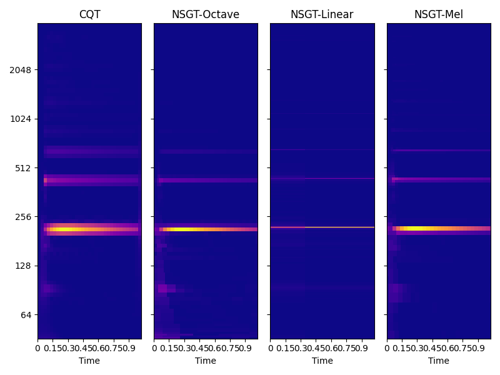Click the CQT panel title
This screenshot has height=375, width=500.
[x=89, y=14]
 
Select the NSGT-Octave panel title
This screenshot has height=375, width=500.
[x=206, y=14]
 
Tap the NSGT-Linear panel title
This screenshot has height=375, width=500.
[x=322, y=14]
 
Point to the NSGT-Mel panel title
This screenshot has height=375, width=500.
[x=439, y=14]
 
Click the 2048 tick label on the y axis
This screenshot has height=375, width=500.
[x=21, y=69]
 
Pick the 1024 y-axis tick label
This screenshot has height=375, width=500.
[x=21, y=119]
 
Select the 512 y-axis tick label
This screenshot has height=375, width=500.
[x=24, y=167]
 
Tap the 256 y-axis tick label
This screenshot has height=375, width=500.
[x=24, y=217]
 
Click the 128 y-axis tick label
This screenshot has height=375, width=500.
[x=24, y=266]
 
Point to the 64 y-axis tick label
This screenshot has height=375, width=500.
[x=26, y=314]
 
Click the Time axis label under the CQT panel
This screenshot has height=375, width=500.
[x=89, y=361]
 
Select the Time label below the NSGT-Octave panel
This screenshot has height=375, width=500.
[x=206, y=361]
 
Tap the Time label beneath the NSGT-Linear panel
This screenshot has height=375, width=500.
[x=322, y=361]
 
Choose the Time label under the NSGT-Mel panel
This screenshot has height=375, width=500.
[x=439, y=361]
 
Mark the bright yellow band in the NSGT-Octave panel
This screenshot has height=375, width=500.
[x=187, y=229]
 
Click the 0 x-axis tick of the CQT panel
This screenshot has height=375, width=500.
[x=37, y=348]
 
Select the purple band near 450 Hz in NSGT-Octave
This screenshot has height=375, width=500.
[x=206, y=180]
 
